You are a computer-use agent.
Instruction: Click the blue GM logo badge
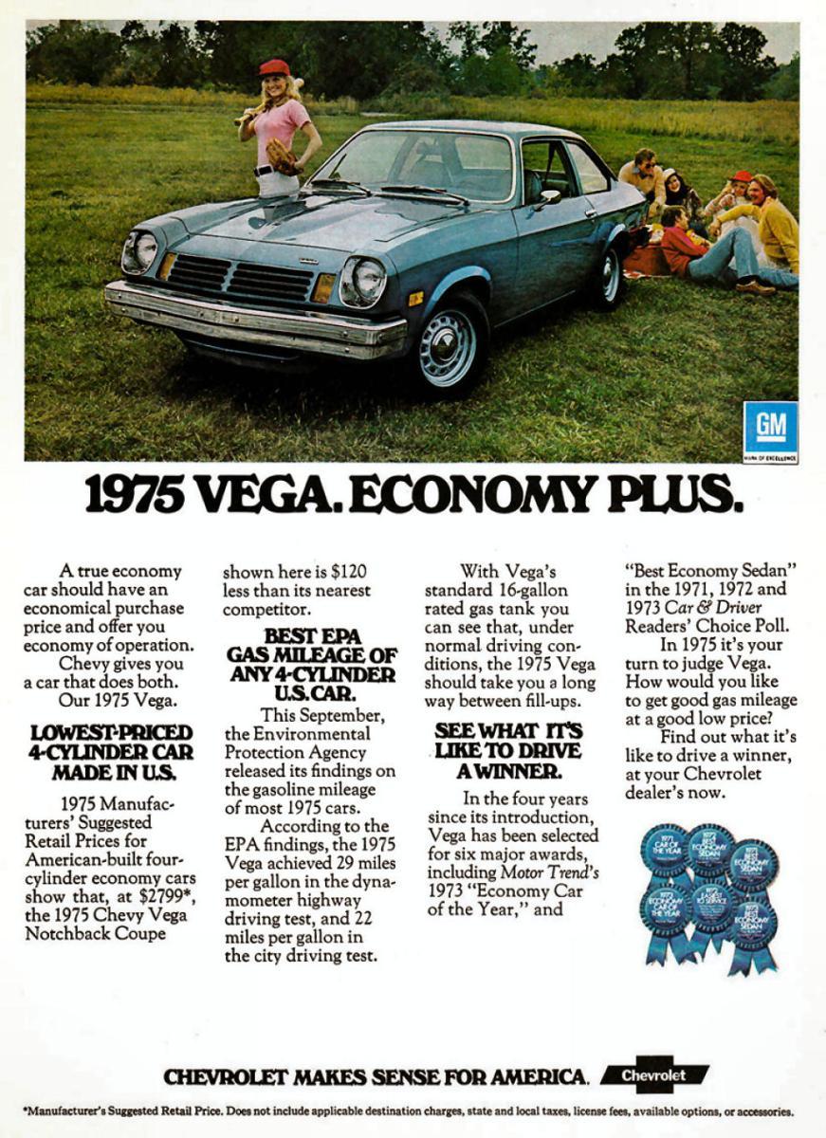click(x=770, y=428)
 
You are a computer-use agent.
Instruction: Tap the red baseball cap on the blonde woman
click(x=274, y=67)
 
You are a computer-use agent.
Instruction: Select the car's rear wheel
click(x=609, y=274)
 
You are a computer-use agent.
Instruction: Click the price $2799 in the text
click(x=165, y=896)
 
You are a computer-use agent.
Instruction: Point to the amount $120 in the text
click(x=349, y=571)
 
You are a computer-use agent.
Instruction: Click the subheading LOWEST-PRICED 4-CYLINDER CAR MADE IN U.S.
click(x=112, y=752)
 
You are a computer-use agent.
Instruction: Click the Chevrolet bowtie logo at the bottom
click(x=654, y=1074)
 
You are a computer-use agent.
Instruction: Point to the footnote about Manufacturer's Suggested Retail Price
click(x=408, y=1111)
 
